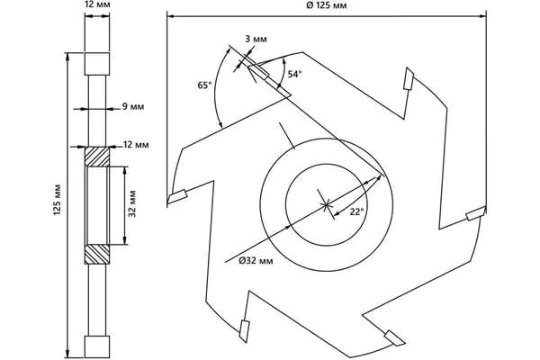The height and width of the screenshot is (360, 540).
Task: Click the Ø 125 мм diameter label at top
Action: pyautogui.click(x=326, y=5)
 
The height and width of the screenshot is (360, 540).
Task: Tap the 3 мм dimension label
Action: pyautogui.click(x=256, y=39)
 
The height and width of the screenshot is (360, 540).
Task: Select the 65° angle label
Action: pyautogui.click(x=204, y=85)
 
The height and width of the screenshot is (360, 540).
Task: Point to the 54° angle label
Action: pyautogui.click(x=295, y=74)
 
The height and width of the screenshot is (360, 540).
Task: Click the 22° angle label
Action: pyautogui.click(x=356, y=211)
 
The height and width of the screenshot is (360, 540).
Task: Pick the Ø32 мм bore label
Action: pyautogui.click(x=256, y=261)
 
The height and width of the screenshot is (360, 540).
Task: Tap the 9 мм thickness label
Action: pyautogui.click(x=133, y=106)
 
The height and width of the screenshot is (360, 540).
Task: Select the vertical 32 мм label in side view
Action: pyautogui.click(x=132, y=203)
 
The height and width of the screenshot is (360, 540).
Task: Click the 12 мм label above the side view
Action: pyautogui.click(x=97, y=5)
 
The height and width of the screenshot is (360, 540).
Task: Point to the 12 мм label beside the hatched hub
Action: pyautogui.click(x=136, y=145)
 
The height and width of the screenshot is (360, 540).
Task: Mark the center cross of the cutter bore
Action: pyautogui.click(x=326, y=205)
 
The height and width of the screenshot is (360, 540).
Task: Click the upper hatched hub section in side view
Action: pyautogui.click(x=97, y=157)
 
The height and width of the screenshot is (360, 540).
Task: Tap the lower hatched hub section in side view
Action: pyautogui.click(x=97, y=255)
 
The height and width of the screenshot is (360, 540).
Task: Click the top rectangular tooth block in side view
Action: pyautogui.click(x=97, y=64)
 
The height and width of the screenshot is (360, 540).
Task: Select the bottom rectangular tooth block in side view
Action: pyautogui.click(x=97, y=346)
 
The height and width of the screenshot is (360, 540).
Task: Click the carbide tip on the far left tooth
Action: pyautogui.click(x=177, y=196)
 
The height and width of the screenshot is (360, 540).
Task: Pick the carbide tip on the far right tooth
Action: pyautogui.click(x=475, y=213)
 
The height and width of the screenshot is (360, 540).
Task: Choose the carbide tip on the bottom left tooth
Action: pyautogui.click(x=244, y=331)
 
